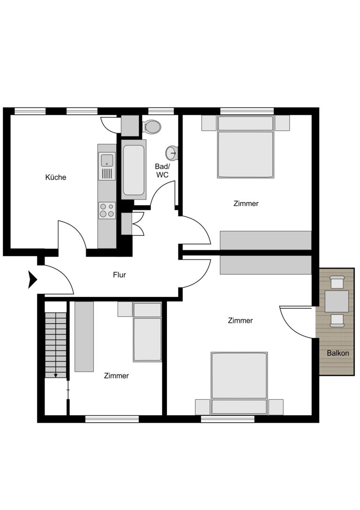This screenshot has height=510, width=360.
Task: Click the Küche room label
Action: (x=56, y=177)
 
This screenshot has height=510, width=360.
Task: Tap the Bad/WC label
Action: (x=162, y=170)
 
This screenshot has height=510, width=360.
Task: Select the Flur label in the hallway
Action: (x=119, y=275)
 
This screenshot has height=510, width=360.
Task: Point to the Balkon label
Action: (x=338, y=353)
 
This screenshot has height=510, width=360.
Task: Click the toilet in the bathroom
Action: (x=151, y=127)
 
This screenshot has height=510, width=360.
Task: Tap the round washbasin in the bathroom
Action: (x=172, y=152)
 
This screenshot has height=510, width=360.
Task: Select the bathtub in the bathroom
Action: (x=134, y=169)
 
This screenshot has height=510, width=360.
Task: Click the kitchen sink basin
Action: (x=107, y=160)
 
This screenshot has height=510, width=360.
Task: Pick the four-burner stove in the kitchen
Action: (x=107, y=210)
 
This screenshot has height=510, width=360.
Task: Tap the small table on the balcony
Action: (x=337, y=301)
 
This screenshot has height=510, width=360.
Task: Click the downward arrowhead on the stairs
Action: (x=56, y=375)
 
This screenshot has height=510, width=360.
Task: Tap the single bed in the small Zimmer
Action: (x=147, y=332)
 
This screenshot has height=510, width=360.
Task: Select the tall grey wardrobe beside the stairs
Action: (x=84, y=337)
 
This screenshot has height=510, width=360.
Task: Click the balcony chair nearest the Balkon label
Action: (x=337, y=321)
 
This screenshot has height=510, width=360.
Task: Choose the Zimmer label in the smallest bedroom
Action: (x=116, y=376)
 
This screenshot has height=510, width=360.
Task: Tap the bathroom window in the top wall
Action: (x=161, y=111)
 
